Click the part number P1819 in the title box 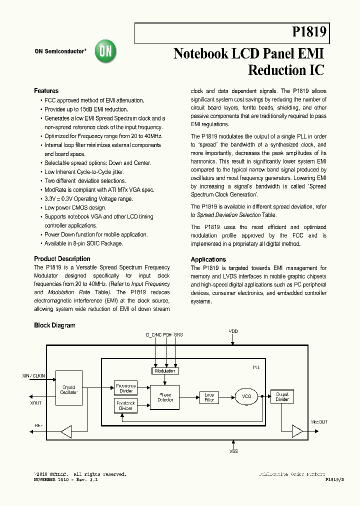click(309, 33)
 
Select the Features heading click(46, 91)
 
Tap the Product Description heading click(62, 259)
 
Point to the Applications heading click(208, 259)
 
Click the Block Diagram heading click(54, 325)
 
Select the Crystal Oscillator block click(68, 389)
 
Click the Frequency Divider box click(125, 388)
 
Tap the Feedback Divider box click(125, 405)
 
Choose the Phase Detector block click(165, 397)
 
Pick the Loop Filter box click(209, 397)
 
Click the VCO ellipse click(246, 397)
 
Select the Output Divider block click(282, 397)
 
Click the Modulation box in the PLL click(165, 371)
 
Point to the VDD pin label click(233, 331)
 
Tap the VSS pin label click(233, 451)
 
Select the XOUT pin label click(36, 402)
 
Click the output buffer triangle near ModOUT click(297, 431)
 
